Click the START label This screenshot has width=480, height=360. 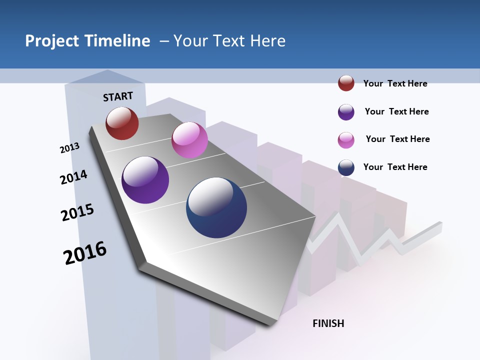[x=118, y=96]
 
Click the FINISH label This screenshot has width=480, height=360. [x=328, y=323]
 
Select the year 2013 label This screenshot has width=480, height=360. [x=69, y=148]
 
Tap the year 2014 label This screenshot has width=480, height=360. [x=73, y=177]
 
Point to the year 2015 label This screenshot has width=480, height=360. [x=77, y=212]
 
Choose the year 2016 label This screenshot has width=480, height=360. [x=85, y=253]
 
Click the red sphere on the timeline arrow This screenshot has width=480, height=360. [x=122, y=123]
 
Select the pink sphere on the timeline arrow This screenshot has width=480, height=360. [x=189, y=140]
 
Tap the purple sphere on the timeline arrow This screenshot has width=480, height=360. [x=145, y=180]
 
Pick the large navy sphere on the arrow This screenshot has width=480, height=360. [x=216, y=207]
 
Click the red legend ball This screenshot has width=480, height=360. [x=346, y=83]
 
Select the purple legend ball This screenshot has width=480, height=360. [x=346, y=112]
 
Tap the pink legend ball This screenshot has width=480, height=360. [x=346, y=140]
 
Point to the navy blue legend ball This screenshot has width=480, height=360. [x=346, y=167]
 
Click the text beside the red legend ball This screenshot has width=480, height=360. [x=395, y=83]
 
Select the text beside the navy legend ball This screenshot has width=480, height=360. [x=395, y=167]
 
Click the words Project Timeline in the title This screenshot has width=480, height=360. [x=87, y=41]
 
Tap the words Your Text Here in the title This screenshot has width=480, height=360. [x=229, y=41]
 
